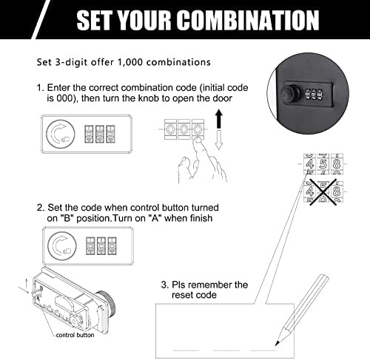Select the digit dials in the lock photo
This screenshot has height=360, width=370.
(x=310, y=96)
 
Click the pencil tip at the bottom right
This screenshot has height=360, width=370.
(x=275, y=344)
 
